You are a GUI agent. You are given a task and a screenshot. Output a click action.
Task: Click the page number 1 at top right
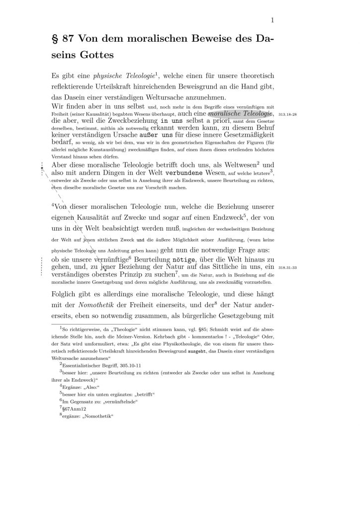(x=273, y=20)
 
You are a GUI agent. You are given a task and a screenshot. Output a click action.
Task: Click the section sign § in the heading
(x=55, y=38)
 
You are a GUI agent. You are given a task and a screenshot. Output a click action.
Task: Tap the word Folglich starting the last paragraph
(x=66, y=294)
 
